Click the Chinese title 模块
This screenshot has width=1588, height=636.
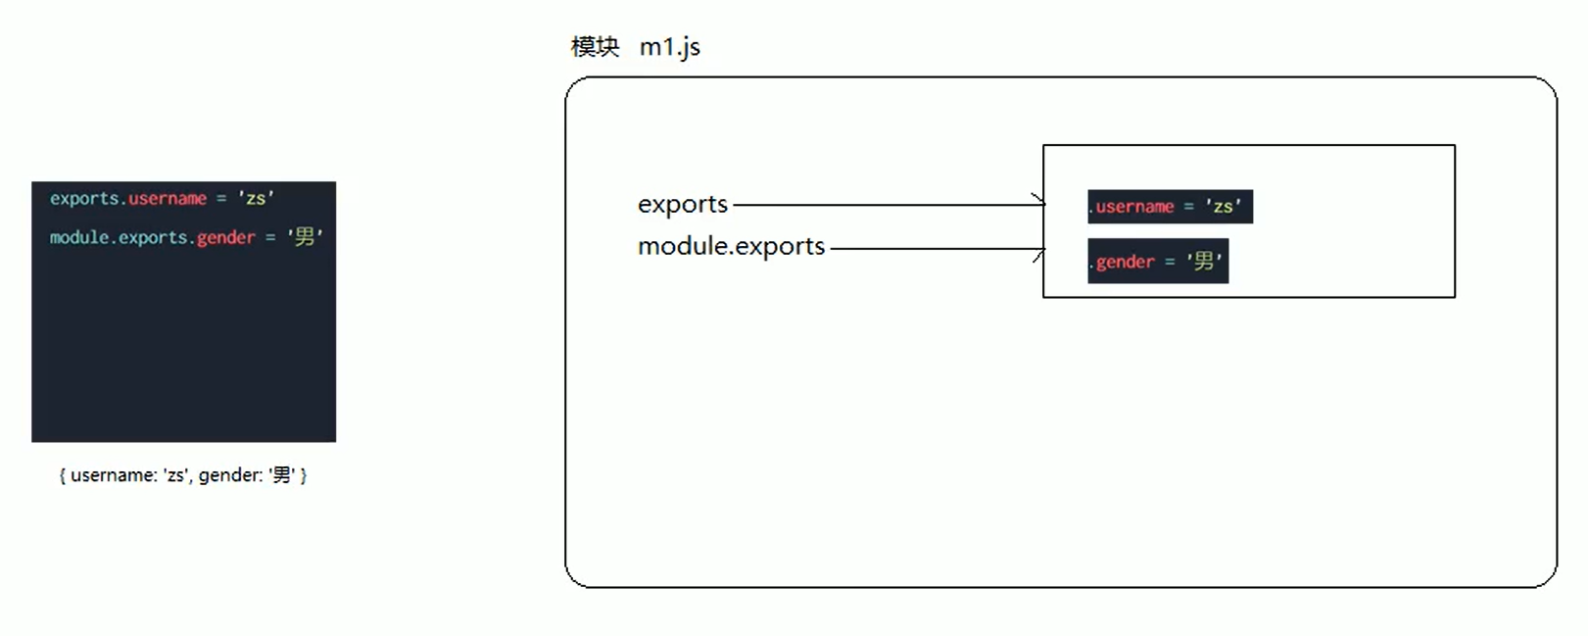[x=595, y=47]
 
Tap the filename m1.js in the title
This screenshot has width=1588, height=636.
[x=670, y=47]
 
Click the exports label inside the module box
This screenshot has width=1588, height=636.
[x=683, y=204]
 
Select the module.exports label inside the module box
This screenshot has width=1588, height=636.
[x=731, y=246]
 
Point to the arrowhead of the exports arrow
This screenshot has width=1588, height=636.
[x=1040, y=203]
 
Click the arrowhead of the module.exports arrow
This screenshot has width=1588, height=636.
[x=1040, y=251]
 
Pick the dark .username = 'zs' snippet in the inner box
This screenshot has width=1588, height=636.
[x=1170, y=207]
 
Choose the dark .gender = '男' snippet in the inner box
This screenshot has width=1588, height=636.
[x=1157, y=262]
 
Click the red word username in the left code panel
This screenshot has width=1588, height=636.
[x=168, y=199]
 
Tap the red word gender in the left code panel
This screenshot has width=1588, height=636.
[x=225, y=238]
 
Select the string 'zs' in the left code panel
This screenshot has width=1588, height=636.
[x=256, y=198]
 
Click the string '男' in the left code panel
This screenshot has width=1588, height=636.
[x=305, y=237]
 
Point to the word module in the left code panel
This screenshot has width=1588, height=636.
[x=79, y=238]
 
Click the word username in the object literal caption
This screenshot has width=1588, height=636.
[x=113, y=475]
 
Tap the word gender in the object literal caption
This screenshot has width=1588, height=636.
[x=228, y=475]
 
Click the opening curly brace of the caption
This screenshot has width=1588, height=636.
[x=63, y=475]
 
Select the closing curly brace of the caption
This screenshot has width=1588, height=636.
[x=304, y=475]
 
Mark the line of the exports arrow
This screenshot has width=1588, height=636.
[x=882, y=205]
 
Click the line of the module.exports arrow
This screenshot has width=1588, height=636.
[x=931, y=248]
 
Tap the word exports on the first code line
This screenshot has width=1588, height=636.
[x=84, y=199]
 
